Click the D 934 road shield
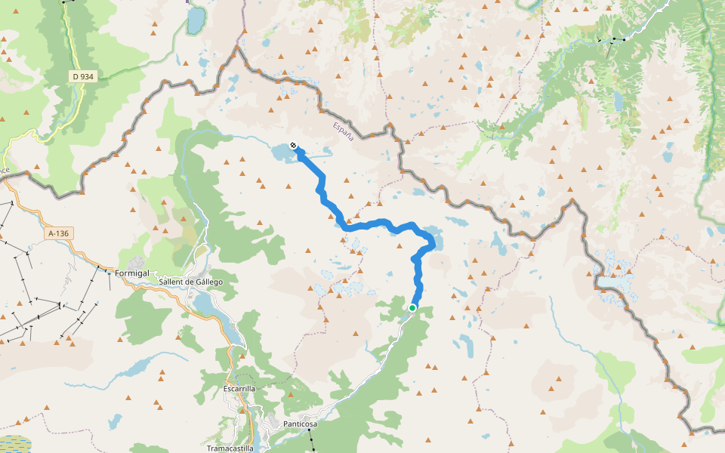coord(82,76)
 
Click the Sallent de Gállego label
coord(190,282)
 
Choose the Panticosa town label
coord(300,424)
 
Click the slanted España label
coord(344,130)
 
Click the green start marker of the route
coord(412,308)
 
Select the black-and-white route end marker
coord(293,145)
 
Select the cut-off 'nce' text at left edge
coord(4,171)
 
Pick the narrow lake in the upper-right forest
coord(619,100)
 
